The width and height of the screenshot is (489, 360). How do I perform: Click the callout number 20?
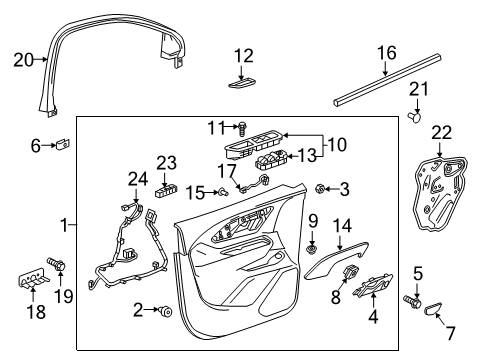[22, 59]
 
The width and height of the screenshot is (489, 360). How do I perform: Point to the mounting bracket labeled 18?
[33, 286]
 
